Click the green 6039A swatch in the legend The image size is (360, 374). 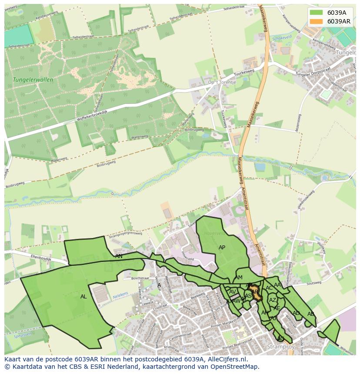(x=317, y=13)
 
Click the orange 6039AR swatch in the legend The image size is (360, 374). (x=317, y=21)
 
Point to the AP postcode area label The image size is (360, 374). (x=222, y=248)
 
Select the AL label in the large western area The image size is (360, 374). (x=83, y=297)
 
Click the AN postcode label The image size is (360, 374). (x=119, y=256)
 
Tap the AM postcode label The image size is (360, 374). (x=239, y=278)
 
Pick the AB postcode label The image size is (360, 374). (x=310, y=314)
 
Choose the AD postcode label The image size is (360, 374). (x=296, y=313)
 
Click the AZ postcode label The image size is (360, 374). (x=273, y=300)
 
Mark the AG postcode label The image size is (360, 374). (x=280, y=339)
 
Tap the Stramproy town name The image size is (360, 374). (x=280, y=347)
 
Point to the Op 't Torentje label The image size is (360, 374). (x=222, y=82)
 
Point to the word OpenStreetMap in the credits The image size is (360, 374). (x=236, y=367)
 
